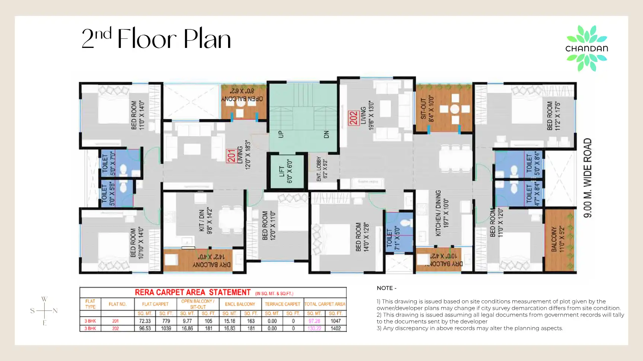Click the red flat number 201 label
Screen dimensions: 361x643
click(231, 156)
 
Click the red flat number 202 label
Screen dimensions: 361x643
click(353, 118)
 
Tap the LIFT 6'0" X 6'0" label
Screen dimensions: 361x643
click(285, 171)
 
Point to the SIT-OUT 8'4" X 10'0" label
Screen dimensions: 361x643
click(427, 109)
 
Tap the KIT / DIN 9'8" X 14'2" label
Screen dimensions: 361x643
click(205, 221)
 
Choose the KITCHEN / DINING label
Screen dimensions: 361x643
click(442, 213)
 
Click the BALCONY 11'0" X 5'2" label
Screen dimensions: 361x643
click(557, 239)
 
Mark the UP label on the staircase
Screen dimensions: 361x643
click(281, 134)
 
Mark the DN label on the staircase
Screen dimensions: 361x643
click(326, 134)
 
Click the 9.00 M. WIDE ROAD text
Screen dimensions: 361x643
click(588, 178)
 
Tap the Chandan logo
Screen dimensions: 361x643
click(586, 48)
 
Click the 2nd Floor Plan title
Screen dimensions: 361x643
click(156, 39)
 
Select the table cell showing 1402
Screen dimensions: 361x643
click(335, 328)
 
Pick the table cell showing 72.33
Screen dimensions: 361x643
click(145, 321)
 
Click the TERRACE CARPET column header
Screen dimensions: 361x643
click(282, 304)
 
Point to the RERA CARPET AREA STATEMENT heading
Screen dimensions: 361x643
click(192, 292)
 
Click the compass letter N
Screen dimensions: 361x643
click(55, 311)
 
